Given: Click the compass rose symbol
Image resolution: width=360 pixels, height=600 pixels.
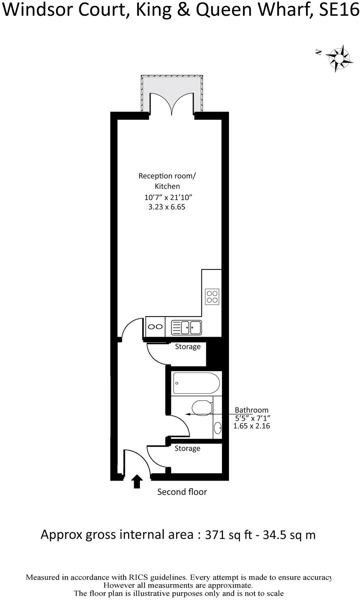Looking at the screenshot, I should [x=339, y=58].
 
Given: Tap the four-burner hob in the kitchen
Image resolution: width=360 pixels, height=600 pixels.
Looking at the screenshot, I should [x=212, y=296].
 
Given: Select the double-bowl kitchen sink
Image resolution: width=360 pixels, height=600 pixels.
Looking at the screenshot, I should [x=186, y=327].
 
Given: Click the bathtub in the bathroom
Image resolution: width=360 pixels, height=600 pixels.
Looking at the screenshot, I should [x=196, y=383].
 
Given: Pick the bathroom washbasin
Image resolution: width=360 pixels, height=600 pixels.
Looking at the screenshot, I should [x=218, y=428].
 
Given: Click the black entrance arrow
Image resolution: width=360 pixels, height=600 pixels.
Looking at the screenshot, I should [x=137, y=481].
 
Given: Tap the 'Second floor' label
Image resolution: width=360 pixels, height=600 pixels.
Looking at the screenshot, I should [x=182, y=492].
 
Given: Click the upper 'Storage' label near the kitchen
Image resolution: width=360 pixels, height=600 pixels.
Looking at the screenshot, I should [x=188, y=347].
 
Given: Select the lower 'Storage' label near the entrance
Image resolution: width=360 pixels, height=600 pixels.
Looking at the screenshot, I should [x=187, y=448].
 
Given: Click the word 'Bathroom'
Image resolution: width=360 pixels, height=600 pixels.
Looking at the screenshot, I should [x=251, y=410].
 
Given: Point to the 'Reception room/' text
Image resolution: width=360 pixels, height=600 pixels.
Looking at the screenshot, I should [x=167, y=176].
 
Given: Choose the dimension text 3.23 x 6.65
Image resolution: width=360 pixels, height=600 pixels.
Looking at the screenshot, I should [x=166, y=207].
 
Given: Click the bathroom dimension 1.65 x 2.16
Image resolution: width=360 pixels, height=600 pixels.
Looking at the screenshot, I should [x=251, y=426].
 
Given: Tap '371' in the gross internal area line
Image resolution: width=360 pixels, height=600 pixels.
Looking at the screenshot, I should [x=215, y=535].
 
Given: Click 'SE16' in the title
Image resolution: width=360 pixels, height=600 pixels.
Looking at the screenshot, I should [x=338, y=10].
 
